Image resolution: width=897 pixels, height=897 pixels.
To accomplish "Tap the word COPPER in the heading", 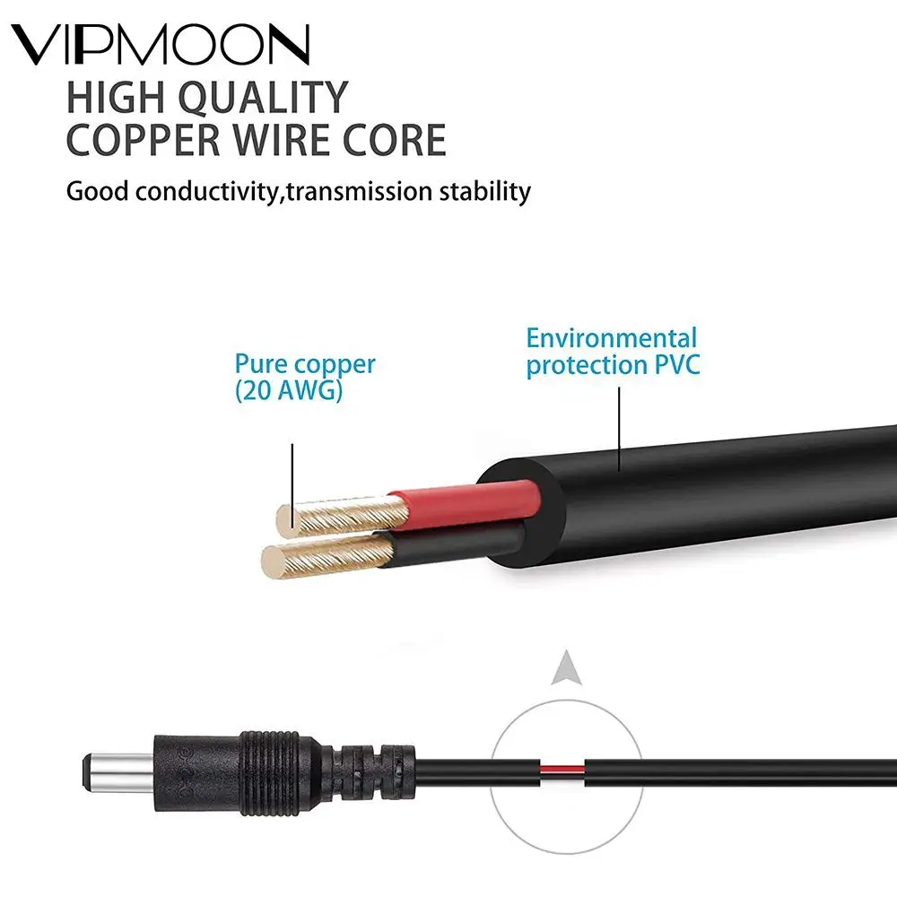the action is point(143,142).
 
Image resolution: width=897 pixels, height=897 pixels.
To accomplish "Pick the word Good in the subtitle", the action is point(93,191).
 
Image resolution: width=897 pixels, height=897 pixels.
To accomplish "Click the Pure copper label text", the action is point(305,364).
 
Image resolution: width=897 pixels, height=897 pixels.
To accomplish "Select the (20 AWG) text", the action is point(288,391).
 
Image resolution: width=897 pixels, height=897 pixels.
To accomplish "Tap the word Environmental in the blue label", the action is point(611,339).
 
